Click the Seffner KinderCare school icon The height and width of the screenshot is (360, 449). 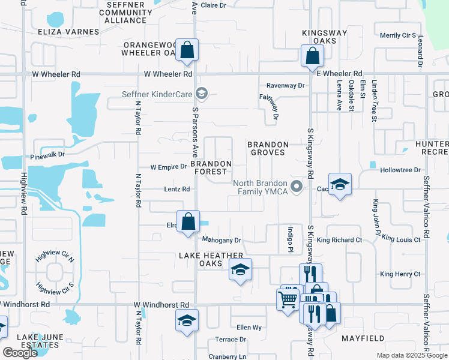(x=202, y=93)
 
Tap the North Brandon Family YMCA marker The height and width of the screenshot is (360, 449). (x=296, y=187)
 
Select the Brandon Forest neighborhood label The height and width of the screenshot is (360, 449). (x=211, y=167)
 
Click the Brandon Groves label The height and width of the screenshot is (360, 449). (x=268, y=148)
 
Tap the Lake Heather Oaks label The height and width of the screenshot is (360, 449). (x=205, y=259)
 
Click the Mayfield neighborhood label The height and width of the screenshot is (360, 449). (x=363, y=338)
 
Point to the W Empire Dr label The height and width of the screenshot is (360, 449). (x=169, y=167)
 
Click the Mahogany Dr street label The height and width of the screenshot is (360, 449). (x=221, y=240)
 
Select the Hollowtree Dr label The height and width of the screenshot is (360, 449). (x=400, y=170)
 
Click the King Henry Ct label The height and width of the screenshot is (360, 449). (x=400, y=274)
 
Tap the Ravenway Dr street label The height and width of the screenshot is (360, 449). (x=285, y=86)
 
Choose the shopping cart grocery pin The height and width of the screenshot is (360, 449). (x=288, y=298)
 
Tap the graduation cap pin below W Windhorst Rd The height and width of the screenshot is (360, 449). (x=187, y=320)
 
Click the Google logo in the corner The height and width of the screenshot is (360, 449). (x=20, y=353)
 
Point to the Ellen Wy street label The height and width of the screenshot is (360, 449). (x=249, y=328)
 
